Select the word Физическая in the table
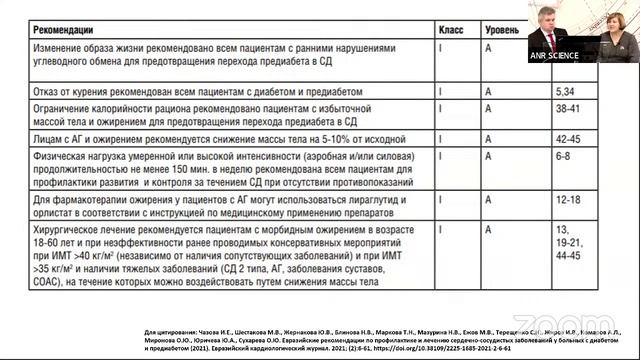[61, 156]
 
